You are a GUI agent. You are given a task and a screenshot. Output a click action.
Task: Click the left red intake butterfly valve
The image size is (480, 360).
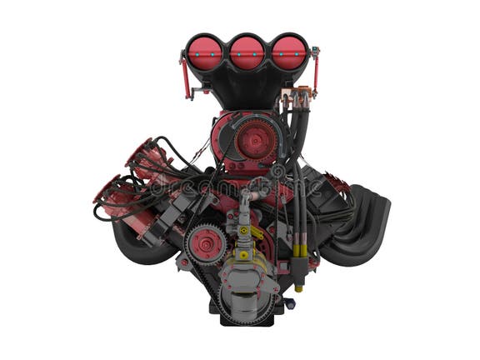coord(204,52)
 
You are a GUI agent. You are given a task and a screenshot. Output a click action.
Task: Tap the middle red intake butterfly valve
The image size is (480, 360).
coord(247,52)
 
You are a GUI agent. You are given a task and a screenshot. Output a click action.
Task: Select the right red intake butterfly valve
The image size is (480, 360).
coord(289,52)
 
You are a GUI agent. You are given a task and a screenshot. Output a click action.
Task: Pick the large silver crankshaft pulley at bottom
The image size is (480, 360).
coord(247,287)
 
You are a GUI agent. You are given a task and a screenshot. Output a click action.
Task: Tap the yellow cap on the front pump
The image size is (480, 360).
coord(243,230)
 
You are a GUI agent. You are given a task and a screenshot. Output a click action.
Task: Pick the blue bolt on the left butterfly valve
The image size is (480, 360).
coord(204,39)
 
